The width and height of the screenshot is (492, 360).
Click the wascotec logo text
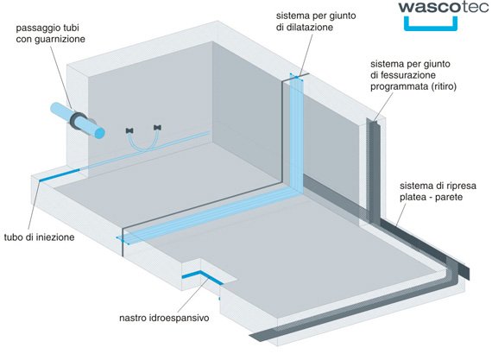pyautogui.click(x=444, y=7)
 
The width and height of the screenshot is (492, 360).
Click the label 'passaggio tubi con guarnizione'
pyautogui.click(x=51, y=34)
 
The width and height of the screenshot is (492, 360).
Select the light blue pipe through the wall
pyautogui.click(x=78, y=121)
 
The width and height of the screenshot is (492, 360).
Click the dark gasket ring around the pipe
pyautogui.click(x=78, y=121)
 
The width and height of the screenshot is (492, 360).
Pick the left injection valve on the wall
pyautogui.click(x=129, y=130)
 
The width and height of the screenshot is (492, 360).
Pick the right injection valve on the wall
pyautogui.click(x=158, y=128)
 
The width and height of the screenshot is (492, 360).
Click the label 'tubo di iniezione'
pyautogui.click(x=39, y=237)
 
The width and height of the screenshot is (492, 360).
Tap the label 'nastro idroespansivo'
pyautogui.click(x=164, y=318)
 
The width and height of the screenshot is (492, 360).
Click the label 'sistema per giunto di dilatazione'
pyautogui.click(x=316, y=21)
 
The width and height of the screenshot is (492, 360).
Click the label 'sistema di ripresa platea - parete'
pyautogui.click(x=438, y=192)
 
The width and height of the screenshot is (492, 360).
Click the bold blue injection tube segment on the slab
pyautogui.click(x=59, y=175)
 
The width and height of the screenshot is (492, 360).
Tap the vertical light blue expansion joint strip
pyautogui.click(x=296, y=132)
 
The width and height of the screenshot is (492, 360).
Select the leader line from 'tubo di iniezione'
pyautogui.click(x=34, y=206)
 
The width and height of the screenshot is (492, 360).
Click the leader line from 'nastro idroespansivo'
pyautogui.click(x=192, y=295)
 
